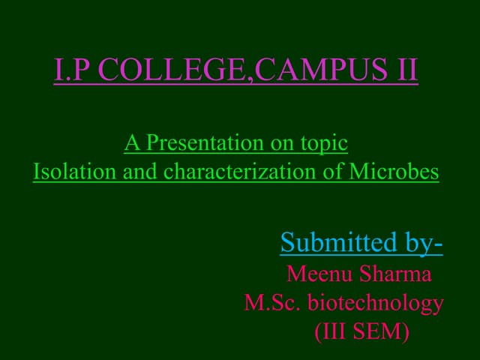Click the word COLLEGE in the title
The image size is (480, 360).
175,71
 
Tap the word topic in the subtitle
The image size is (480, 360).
325,142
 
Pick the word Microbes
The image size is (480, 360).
394,172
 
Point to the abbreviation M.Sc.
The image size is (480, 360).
273,303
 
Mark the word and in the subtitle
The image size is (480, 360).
141,172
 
